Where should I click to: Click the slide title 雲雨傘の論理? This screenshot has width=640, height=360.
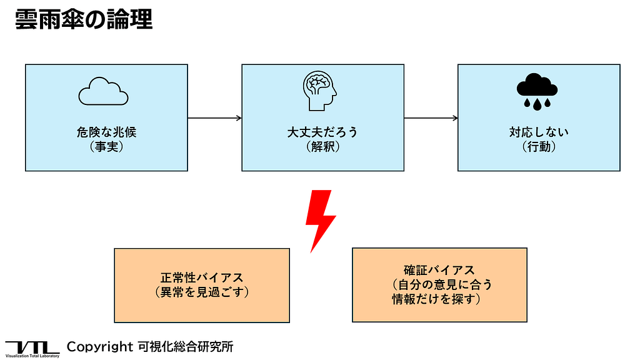click(83, 19)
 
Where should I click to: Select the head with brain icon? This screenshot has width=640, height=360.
click(320, 90)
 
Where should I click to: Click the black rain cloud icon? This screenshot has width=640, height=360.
click(537, 91)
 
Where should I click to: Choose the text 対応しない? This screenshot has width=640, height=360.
click(539, 132)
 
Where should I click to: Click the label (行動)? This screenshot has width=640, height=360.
click(539, 147)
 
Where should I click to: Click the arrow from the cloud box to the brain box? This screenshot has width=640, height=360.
click(214, 117)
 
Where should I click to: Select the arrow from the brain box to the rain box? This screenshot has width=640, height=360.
click(431, 117)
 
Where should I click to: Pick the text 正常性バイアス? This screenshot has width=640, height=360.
click(202, 277)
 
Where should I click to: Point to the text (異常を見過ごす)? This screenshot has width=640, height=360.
click(202, 292)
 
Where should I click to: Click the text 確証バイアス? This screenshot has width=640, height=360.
click(439, 270)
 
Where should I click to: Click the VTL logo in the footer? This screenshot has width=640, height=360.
click(32, 348)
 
